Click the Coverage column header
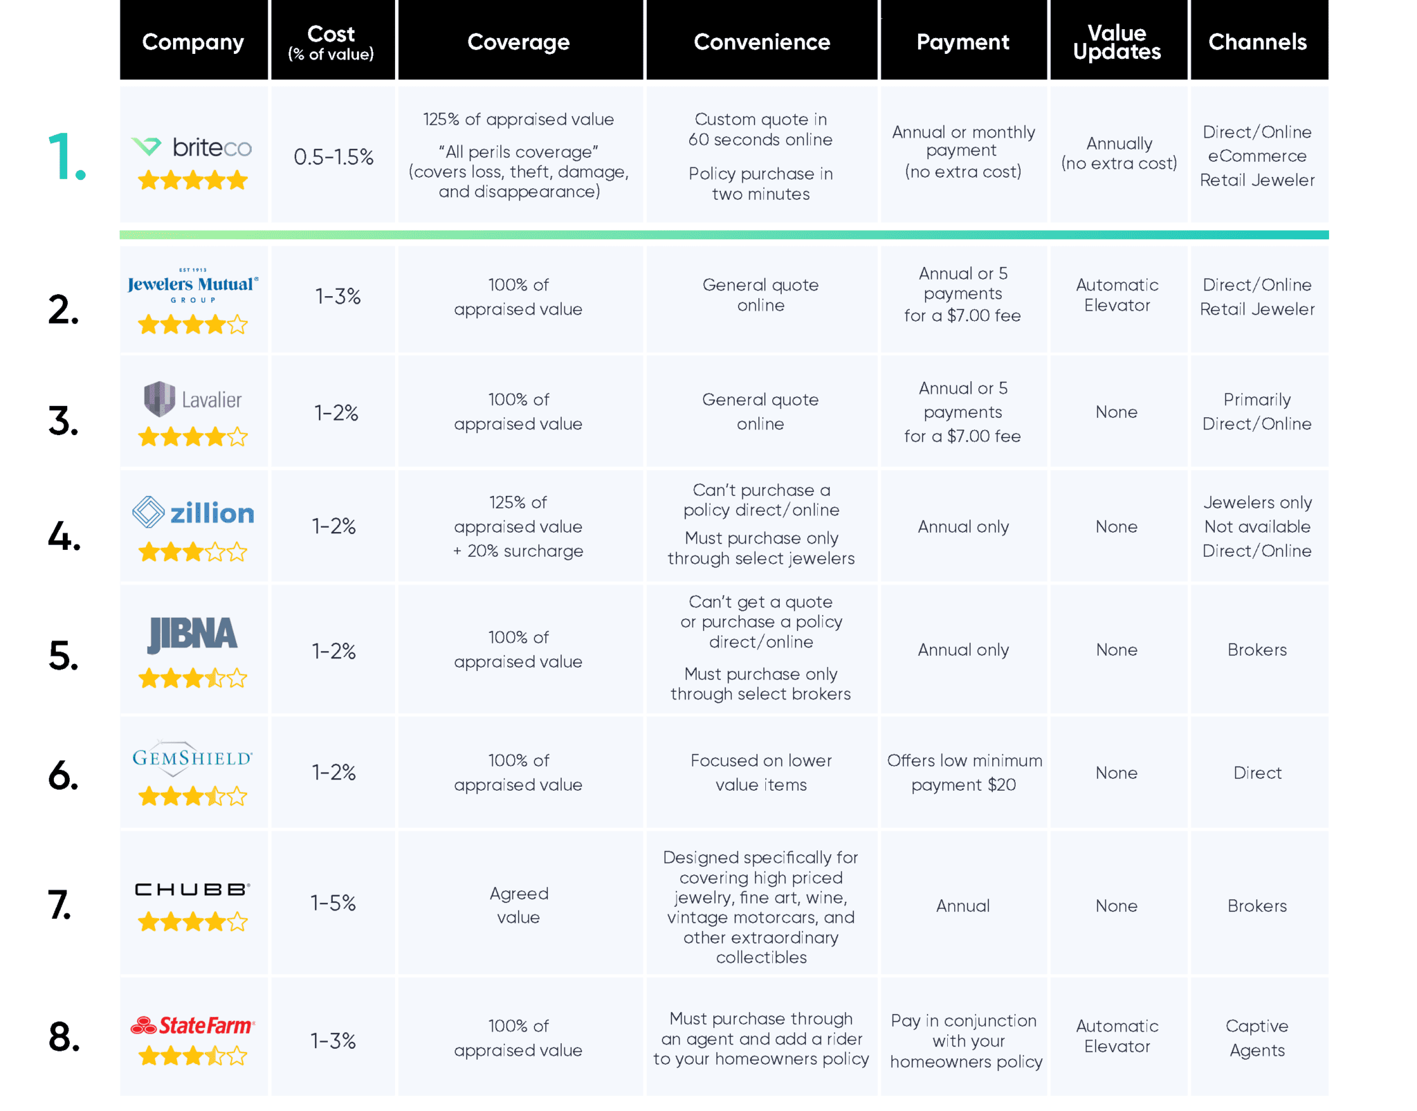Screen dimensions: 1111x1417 pos(518,42)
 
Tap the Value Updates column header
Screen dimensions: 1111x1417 pos(1117,42)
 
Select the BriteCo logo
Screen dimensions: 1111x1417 pos(192,147)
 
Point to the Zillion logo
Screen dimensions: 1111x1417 pos(193,513)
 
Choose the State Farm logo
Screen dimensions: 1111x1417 pos(193,1025)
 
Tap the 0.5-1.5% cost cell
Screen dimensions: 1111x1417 pos(333,157)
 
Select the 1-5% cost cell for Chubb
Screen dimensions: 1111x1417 pos(333,903)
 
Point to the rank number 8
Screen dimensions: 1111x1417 pos(64,1038)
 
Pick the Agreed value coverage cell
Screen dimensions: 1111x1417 pos(518,905)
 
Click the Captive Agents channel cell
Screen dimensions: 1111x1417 pos(1256,1038)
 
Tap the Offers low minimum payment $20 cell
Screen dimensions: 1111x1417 pos(964,772)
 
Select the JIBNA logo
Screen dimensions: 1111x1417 pos(192,634)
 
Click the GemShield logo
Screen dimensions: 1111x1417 pos(192,758)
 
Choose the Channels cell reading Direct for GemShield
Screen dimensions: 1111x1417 pos(1256,773)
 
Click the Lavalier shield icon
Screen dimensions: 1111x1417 pos(159,398)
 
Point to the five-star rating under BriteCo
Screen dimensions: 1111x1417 pos(192,181)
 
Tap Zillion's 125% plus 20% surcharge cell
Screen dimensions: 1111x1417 pos(518,526)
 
